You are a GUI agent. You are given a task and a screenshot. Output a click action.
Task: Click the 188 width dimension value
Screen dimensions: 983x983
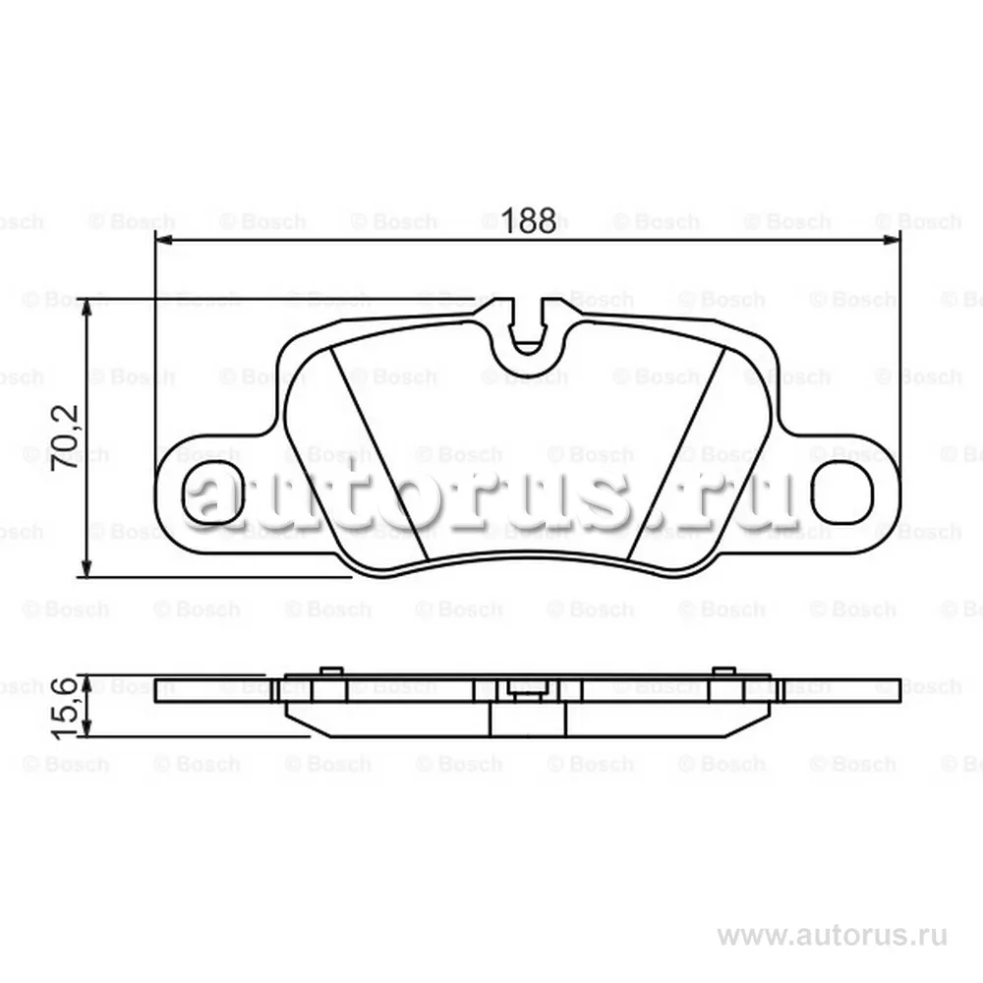528,220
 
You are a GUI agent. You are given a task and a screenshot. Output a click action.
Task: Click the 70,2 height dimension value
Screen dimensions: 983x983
65,437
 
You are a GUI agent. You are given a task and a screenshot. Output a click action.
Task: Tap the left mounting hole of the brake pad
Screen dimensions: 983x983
211,492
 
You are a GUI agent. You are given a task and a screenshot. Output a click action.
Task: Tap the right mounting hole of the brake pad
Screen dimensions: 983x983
842,492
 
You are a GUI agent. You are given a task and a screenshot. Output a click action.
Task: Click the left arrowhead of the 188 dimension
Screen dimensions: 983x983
163,240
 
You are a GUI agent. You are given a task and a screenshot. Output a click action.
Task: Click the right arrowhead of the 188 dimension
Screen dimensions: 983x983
892,240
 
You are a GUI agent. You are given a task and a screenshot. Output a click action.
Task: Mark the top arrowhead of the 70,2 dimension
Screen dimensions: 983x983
87,307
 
